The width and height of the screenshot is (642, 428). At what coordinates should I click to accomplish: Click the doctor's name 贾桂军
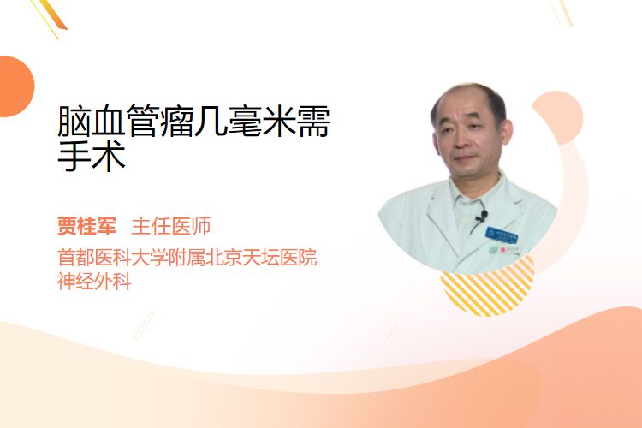coord(86,226)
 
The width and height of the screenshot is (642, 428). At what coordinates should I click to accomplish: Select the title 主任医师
coord(171,226)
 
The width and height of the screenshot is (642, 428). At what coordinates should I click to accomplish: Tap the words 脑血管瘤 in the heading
coord(125,122)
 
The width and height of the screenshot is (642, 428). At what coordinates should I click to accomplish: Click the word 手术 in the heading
coord(92,156)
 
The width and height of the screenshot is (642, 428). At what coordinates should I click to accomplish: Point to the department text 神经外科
coord(94,282)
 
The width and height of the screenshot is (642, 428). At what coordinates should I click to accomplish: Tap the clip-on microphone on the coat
coord(482,216)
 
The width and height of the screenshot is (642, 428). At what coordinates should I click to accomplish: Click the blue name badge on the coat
coord(502,235)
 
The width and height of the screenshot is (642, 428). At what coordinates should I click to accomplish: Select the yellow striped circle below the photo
coord(487,287)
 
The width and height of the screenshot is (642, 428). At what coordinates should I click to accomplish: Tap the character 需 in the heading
coord(314,122)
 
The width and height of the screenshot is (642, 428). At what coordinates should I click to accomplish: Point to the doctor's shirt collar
coord(475,193)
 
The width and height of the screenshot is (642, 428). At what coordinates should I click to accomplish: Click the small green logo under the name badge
coord(494,249)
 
